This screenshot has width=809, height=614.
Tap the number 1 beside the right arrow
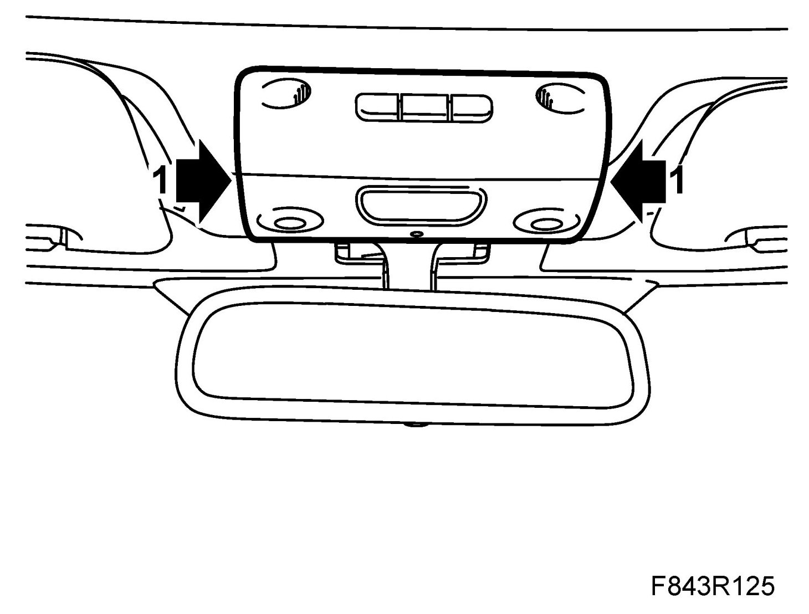click(x=677, y=181)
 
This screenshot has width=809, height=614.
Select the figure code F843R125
click(x=713, y=587)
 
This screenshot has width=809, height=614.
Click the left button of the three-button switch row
click(x=377, y=106)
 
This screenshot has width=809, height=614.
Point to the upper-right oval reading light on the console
click(x=560, y=98)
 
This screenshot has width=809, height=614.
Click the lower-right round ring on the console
click(x=546, y=223)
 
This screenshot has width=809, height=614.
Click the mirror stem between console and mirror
click(x=409, y=266)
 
